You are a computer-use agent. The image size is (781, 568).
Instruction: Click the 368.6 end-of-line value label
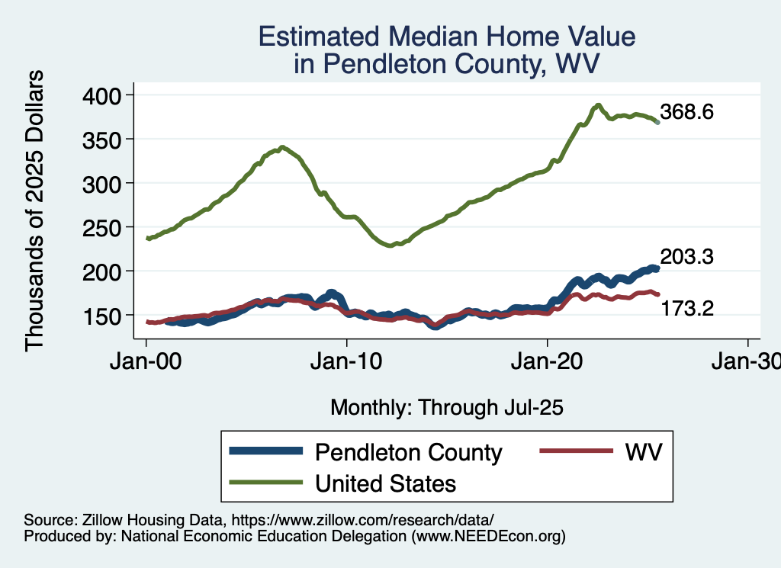tap(686, 113)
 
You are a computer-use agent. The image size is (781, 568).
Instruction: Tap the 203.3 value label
tap(686, 257)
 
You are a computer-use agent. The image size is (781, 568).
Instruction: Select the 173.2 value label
tap(686, 309)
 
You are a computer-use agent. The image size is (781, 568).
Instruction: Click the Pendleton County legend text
tap(409, 452)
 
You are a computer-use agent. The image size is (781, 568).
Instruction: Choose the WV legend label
tap(644, 452)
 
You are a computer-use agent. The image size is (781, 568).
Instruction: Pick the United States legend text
tap(386, 483)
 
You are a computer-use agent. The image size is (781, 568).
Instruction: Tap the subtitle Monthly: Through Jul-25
tap(447, 408)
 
